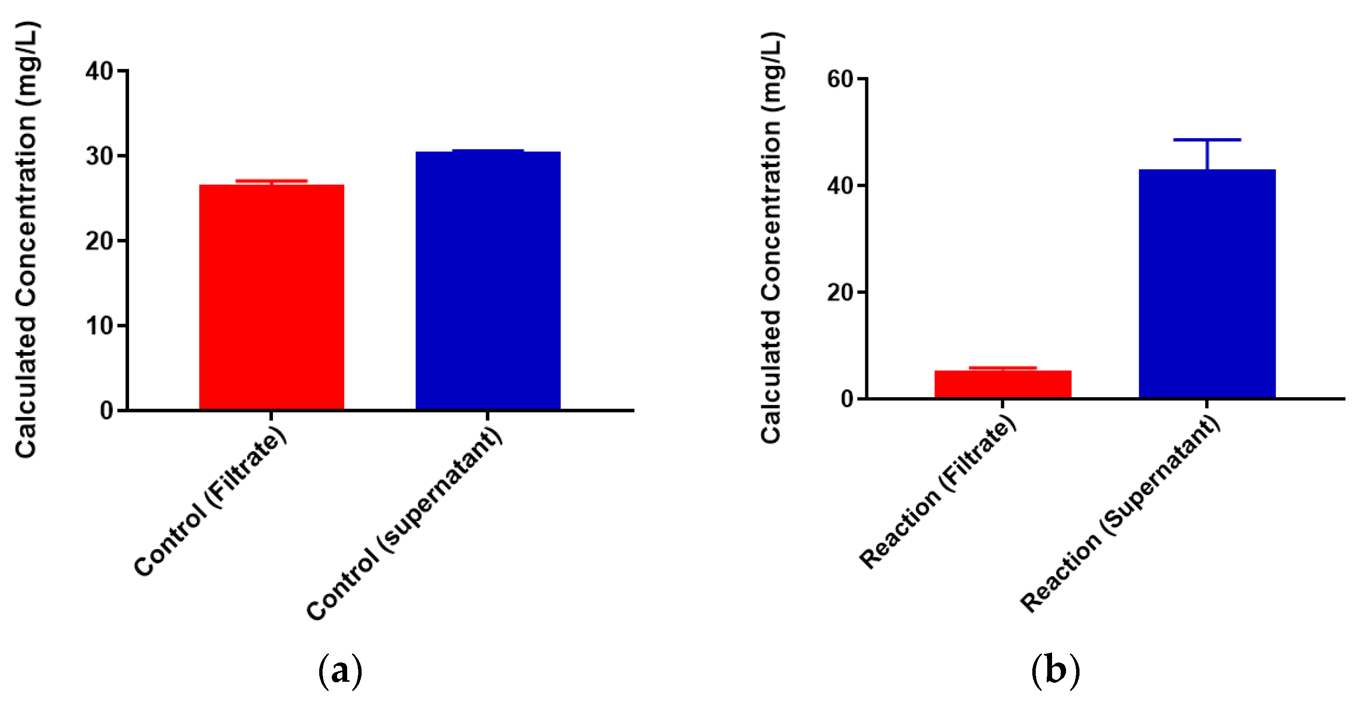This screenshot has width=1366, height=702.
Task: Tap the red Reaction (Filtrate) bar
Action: (x=1002, y=384)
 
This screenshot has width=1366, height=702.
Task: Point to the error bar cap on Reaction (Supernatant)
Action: (x=1207, y=140)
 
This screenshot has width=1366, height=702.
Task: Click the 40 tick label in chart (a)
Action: (x=99, y=71)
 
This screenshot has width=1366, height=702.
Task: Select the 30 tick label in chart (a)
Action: (x=99, y=156)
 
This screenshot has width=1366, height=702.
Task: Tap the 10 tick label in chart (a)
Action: (x=99, y=326)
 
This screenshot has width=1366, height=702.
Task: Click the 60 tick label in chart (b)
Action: (x=841, y=79)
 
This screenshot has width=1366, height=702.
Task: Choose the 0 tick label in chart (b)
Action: (x=847, y=399)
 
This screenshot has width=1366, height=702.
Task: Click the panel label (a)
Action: (x=340, y=672)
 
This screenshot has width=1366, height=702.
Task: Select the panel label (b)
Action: (x=1055, y=671)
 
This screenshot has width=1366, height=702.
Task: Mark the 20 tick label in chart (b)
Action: (x=841, y=292)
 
